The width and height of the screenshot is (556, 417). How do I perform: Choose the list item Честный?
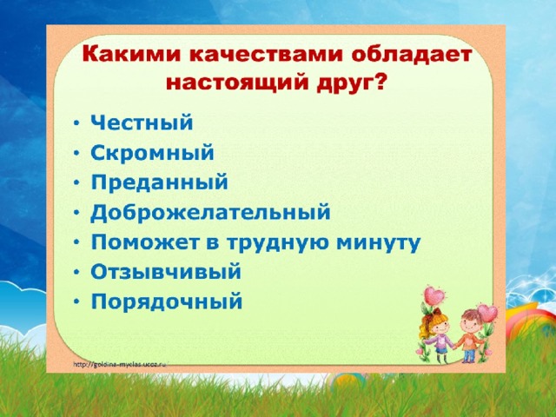(142, 122)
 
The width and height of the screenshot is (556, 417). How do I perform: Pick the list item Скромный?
(153, 153)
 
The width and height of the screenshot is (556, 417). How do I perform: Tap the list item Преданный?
(159, 182)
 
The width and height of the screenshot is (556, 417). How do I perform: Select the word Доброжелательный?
(210, 213)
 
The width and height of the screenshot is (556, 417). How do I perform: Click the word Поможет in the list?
(144, 242)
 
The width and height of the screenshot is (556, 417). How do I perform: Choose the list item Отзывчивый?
(166, 272)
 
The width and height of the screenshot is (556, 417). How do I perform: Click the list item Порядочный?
(167, 302)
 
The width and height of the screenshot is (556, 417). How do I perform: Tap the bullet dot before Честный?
(76, 123)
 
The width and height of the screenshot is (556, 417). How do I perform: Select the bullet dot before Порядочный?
(76, 302)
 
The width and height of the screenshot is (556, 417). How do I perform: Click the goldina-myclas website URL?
(120, 364)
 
